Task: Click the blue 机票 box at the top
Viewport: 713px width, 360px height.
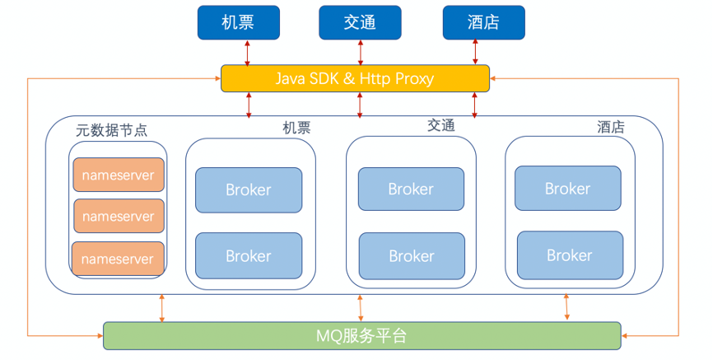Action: tap(238, 22)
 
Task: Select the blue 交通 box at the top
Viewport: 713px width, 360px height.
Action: tap(360, 22)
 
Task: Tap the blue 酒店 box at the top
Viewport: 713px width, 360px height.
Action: tap(484, 22)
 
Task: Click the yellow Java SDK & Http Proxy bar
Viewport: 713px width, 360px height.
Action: tap(355, 78)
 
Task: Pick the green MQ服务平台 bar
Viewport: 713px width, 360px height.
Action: tap(362, 336)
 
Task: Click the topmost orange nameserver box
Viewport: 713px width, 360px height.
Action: tap(119, 175)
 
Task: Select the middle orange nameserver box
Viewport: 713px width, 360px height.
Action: tap(119, 216)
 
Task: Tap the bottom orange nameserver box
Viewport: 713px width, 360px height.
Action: tap(118, 259)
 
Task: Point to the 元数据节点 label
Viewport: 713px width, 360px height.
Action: tap(111, 130)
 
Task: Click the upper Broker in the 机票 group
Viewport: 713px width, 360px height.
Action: tap(249, 189)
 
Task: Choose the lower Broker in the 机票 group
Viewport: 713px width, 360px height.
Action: tap(249, 255)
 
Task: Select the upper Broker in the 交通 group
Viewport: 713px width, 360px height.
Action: tap(411, 189)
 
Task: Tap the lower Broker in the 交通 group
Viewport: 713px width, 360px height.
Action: tap(412, 255)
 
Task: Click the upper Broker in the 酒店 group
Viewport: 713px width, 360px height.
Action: tap(568, 188)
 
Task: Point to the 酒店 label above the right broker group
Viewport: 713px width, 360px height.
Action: tap(611, 127)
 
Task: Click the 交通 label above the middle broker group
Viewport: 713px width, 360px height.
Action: tap(441, 125)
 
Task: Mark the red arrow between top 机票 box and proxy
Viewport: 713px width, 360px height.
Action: tap(247, 53)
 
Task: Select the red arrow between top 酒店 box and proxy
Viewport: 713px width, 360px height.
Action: tap(475, 52)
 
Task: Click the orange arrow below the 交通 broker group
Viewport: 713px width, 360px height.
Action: tap(360, 309)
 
